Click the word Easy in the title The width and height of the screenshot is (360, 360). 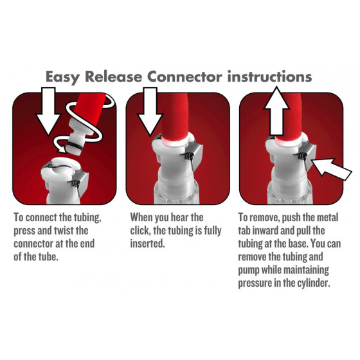[62, 77]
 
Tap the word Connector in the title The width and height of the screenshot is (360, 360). [184, 76]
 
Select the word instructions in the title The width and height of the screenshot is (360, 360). [269, 76]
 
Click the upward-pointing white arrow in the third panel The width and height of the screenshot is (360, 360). [276, 111]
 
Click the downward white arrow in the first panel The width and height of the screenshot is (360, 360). [48, 111]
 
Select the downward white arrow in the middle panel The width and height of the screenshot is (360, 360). [150, 111]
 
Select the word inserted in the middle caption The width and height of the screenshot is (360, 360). [147, 244]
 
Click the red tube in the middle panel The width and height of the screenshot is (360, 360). [174, 117]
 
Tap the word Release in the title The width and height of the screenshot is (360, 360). [113, 76]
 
